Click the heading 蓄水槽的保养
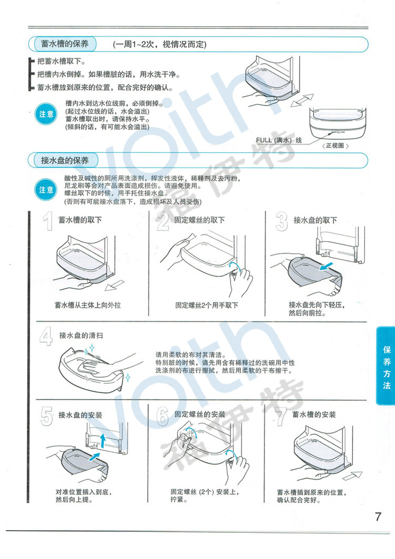64,44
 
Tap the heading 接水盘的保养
64,160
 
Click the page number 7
378,516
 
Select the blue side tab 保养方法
386,367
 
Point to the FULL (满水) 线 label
279,140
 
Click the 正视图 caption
335,145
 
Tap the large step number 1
48,221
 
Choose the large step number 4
46,337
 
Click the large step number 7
281,416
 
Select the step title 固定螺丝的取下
199,220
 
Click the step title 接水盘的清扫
81,336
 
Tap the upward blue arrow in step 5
103,441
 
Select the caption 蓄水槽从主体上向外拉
87,305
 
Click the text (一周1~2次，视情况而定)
160,45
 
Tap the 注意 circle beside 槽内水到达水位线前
46,114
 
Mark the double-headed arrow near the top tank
302,100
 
